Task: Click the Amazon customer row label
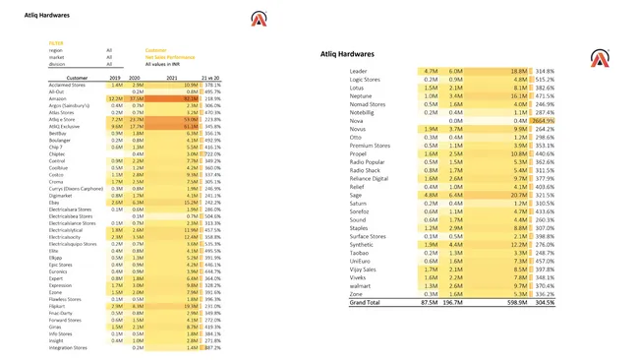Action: point(57,98)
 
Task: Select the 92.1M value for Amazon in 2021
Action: point(190,98)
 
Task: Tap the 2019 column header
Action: point(116,77)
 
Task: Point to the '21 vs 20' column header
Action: point(211,77)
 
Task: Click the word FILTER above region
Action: point(56,43)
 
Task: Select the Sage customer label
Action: point(356,195)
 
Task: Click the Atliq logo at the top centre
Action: point(259,19)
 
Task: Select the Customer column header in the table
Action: point(77,77)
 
